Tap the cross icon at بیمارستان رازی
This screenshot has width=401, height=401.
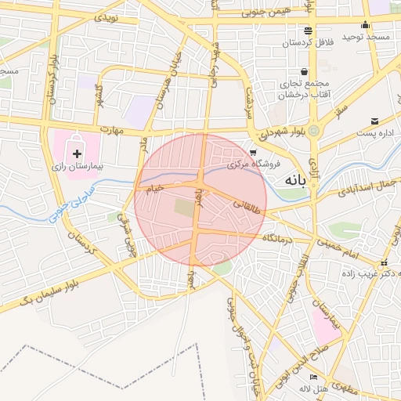(x=77, y=146)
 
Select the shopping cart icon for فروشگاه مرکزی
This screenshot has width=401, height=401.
(x=252, y=152)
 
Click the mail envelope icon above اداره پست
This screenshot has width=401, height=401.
(x=375, y=121)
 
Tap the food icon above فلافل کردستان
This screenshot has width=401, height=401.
(x=309, y=31)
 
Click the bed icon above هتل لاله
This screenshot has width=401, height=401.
(x=313, y=377)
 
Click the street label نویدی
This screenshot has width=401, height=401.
(x=107, y=16)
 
